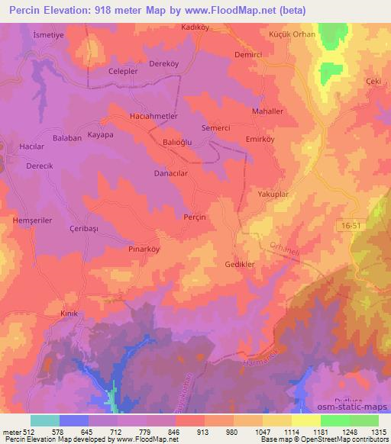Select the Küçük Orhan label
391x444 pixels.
coord(287,36)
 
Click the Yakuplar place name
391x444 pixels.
coord(272,195)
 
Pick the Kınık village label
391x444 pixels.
coord(70,314)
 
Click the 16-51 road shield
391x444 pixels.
coord(349,222)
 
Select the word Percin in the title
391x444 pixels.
coord(30,10)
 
